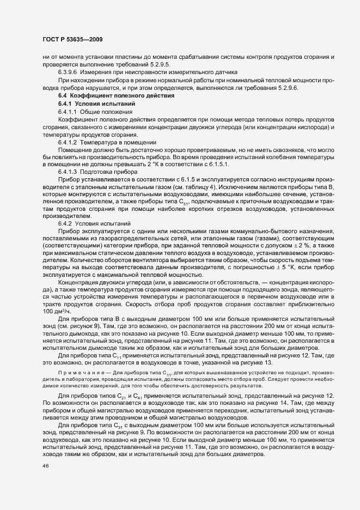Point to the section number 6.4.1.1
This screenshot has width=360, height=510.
[x=70, y=112]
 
